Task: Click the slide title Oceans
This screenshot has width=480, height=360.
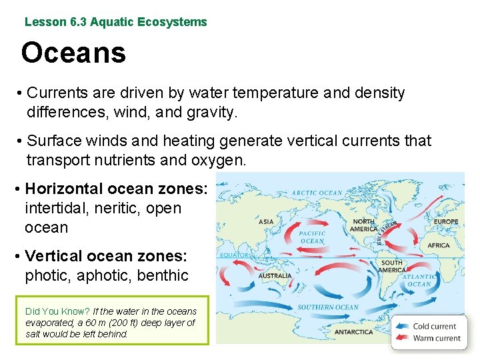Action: tap(73, 53)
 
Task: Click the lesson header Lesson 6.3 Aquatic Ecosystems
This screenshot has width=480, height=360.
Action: tap(115, 22)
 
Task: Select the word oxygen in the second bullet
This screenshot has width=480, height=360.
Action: tap(219, 161)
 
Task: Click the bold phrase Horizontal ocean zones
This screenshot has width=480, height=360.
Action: tap(116, 189)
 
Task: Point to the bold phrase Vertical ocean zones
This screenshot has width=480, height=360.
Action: tap(106, 256)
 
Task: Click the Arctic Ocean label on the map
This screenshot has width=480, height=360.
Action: tap(317, 193)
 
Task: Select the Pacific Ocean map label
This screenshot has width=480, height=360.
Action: tap(312, 237)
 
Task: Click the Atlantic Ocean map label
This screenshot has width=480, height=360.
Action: tap(419, 280)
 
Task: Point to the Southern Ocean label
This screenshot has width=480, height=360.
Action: tap(328, 307)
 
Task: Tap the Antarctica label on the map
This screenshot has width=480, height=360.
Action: tap(353, 331)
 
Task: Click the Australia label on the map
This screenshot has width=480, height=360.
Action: tap(275, 275)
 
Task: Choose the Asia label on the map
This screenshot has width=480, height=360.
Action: tap(266, 222)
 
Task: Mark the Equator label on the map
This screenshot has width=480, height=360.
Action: tap(234, 254)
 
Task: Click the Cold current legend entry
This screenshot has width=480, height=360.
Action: tap(434, 326)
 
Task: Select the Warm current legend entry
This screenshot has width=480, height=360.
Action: tap(436, 338)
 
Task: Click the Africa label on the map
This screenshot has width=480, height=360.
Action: tap(439, 245)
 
